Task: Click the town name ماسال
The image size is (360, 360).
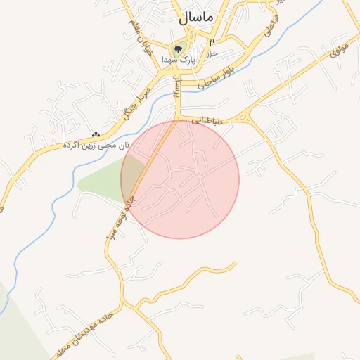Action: click(197, 18)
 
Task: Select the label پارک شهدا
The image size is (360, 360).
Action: click(177, 60)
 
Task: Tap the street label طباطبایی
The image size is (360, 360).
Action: click(209, 121)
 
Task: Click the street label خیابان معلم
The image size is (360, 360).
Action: click(140, 39)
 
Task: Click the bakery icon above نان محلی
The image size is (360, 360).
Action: click(96, 134)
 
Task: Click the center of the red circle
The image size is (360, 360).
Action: click(180, 179)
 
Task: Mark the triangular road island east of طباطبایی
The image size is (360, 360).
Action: click(247, 118)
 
